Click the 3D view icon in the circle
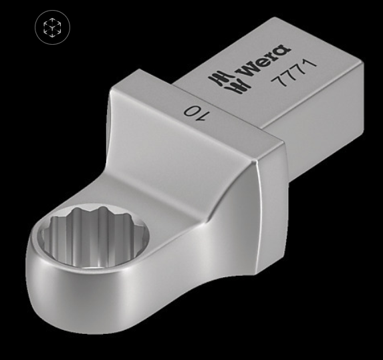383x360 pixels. tap(52, 27)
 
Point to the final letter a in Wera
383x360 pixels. tap(282, 51)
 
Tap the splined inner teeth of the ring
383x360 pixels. tap(94, 224)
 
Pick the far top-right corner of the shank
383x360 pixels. tap(362, 62)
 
